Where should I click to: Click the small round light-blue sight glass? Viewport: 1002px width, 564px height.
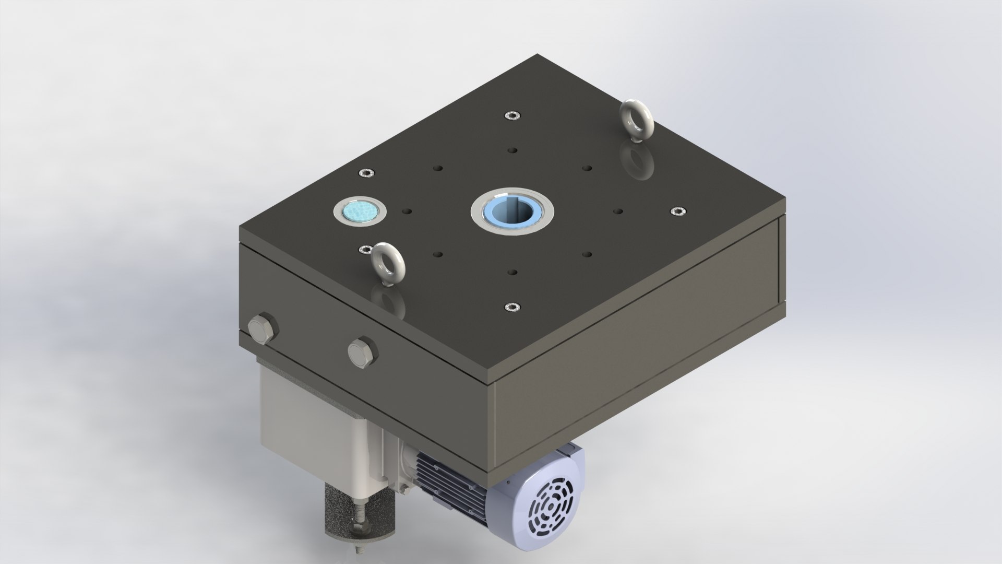point(360,211)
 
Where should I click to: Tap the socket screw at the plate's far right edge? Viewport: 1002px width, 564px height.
point(677,211)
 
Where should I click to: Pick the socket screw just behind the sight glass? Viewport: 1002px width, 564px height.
point(366,173)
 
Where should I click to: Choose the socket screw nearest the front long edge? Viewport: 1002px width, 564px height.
point(511,307)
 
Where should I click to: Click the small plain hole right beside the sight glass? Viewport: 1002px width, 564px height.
point(408,211)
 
